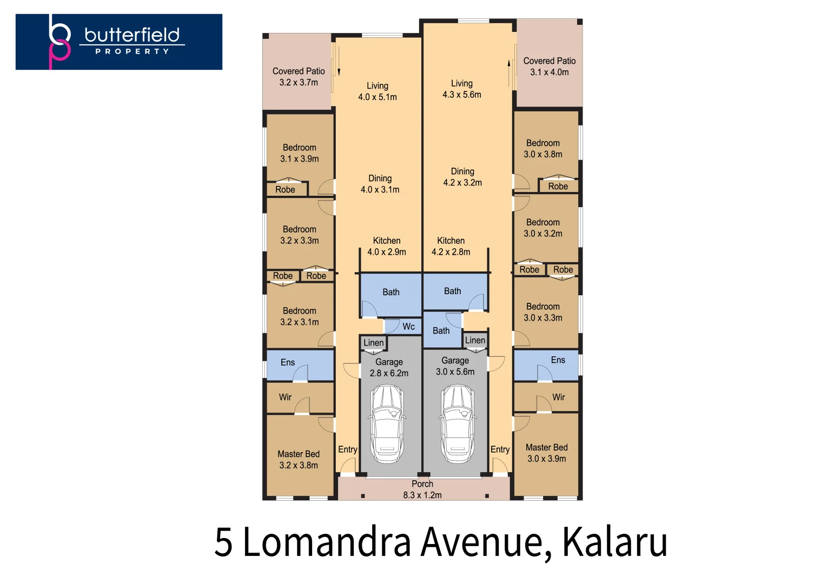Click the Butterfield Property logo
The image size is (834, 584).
point(119,42)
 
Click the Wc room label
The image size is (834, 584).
point(408,327)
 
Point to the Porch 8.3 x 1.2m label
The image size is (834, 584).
point(422,489)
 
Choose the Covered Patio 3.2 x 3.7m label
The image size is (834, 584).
point(299,77)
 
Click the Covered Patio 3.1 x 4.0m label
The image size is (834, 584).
point(549,67)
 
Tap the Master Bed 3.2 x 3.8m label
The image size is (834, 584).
point(299,460)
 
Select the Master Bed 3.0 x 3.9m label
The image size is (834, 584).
point(546,453)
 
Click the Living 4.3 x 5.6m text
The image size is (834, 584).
point(462,89)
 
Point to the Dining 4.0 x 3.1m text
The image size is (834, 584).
point(380,184)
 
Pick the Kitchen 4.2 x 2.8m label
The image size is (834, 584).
point(451,246)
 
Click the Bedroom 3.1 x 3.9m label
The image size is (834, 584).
point(299,153)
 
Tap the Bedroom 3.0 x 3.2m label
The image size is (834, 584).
point(543,228)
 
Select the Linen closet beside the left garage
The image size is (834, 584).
point(373,343)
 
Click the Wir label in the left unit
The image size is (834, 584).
point(285,397)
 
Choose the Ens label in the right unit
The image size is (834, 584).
point(558,360)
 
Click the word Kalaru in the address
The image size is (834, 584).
point(614,542)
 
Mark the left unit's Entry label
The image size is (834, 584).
point(347,449)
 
